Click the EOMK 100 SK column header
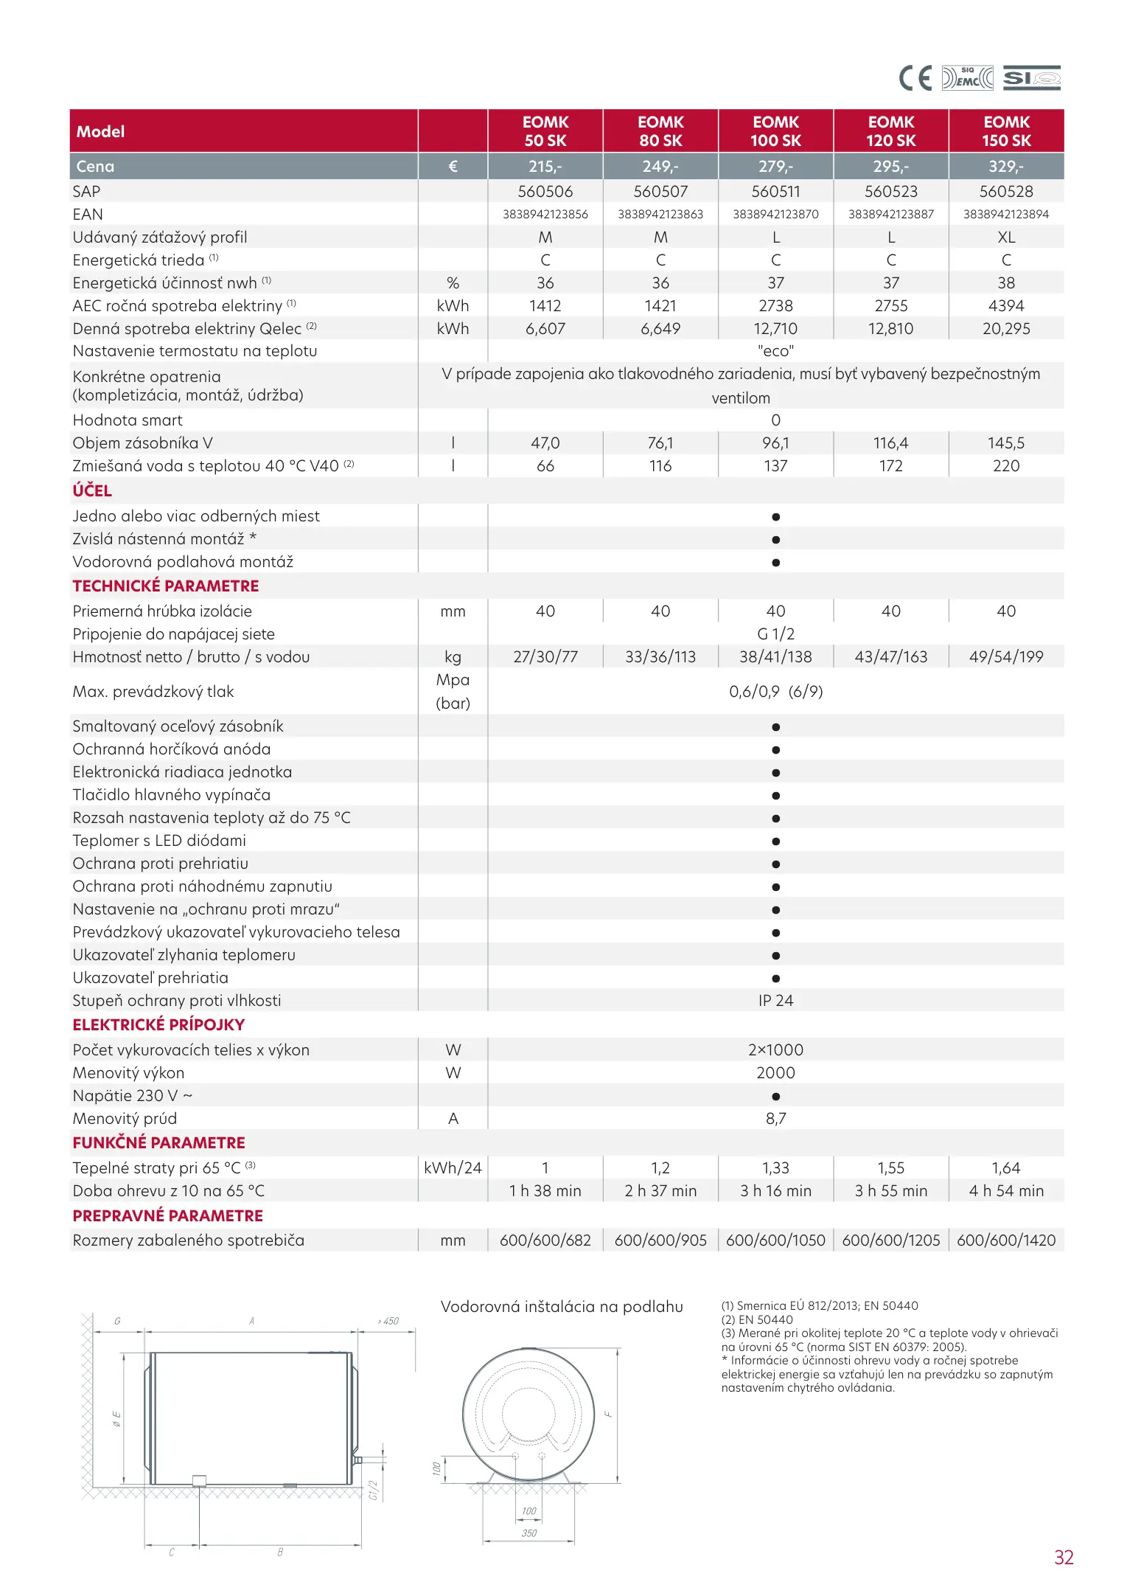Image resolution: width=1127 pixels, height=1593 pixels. tap(775, 131)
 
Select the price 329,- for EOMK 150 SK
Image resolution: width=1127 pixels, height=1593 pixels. tap(1006, 167)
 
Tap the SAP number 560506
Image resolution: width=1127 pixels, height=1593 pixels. tap(545, 192)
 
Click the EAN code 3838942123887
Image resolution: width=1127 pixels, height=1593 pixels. tap(890, 215)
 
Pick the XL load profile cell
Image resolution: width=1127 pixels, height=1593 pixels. tap(1006, 237)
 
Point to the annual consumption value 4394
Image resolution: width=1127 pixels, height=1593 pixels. tap(1006, 306)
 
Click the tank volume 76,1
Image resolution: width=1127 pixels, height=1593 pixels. tap(660, 443)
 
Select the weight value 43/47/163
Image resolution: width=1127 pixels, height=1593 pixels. tap(890, 657)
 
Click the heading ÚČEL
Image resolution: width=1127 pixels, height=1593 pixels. tap(92, 491)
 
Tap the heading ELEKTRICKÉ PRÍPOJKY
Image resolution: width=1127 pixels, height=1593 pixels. tap(158, 1025)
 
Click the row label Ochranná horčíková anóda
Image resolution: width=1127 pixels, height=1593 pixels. tap(172, 749)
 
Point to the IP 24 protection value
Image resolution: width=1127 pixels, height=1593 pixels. tap(775, 1001)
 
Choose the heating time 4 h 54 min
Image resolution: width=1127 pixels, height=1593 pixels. tap(1006, 1191)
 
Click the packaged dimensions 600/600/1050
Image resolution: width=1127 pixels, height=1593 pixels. tap(775, 1240)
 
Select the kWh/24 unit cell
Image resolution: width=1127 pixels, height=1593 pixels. tap(453, 1168)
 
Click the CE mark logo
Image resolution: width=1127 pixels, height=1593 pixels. tap(915, 78)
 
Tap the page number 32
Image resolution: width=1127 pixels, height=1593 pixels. tap(1064, 1558)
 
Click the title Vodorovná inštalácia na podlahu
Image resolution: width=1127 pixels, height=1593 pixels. tap(562, 1307)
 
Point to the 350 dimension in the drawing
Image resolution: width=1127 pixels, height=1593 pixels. tap(529, 1533)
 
